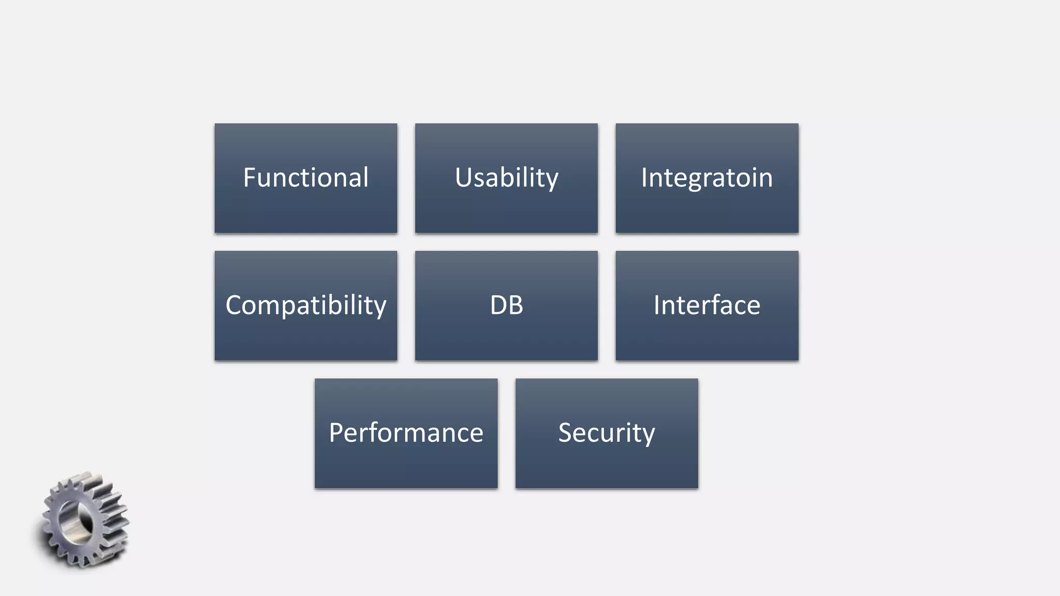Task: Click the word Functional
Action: [305, 177]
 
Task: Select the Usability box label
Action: [506, 177]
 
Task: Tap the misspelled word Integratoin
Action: [706, 177]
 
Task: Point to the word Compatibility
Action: [305, 305]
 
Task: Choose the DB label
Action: [506, 305]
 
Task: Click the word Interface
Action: [706, 305]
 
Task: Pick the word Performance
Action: [406, 433]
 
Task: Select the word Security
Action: [606, 433]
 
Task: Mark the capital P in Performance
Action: [336, 433]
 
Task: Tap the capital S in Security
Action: [566, 433]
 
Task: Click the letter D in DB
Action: [498, 305]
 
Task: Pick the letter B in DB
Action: [516, 305]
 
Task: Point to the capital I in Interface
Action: [657, 305]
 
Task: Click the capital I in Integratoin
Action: [644, 177]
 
